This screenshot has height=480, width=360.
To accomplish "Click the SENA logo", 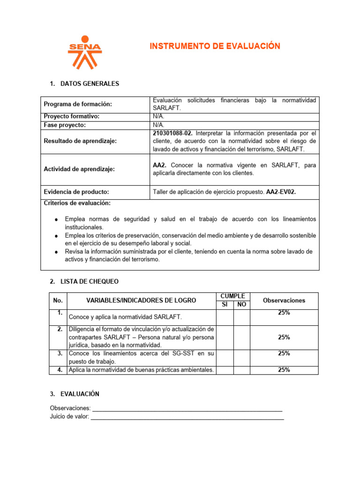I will click(x=85, y=52).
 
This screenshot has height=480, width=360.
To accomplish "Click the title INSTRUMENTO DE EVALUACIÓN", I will click(x=215, y=46).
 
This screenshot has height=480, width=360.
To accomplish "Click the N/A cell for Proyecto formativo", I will click(x=158, y=116).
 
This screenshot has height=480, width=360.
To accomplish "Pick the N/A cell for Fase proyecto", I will click(x=158, y=125).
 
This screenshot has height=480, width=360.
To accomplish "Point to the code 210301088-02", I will click(x=172, y=133).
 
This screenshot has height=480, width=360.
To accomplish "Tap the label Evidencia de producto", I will click(x=76, y=191).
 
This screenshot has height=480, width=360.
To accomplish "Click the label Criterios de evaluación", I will click(x=77, y=203).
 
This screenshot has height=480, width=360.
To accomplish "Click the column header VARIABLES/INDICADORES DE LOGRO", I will click(x=142, y=300).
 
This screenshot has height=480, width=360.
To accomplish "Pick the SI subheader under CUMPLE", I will click(x=225, y=305).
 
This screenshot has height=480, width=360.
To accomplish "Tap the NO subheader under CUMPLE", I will click(x=242, y=305).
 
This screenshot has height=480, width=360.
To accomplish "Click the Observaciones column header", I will click(x=284, y=300).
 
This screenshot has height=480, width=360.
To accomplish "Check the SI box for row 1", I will click(x=225, y=317).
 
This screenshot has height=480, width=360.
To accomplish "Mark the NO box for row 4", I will click(x=242, y=370).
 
